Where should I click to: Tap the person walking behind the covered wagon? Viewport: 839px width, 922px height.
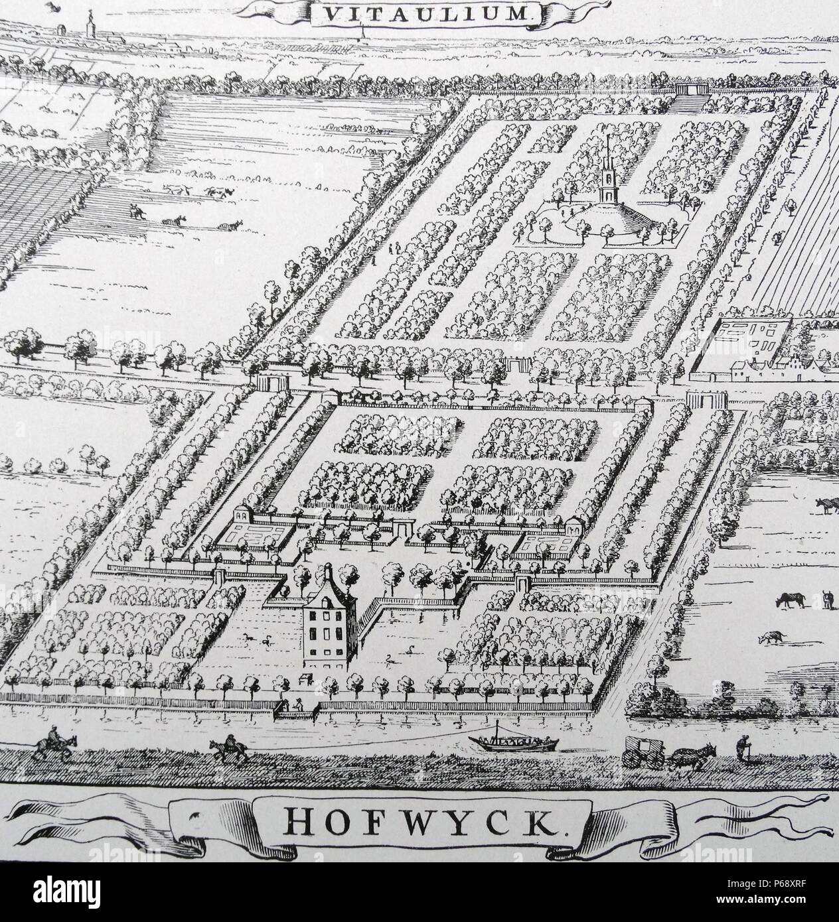(x=741, y=752)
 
